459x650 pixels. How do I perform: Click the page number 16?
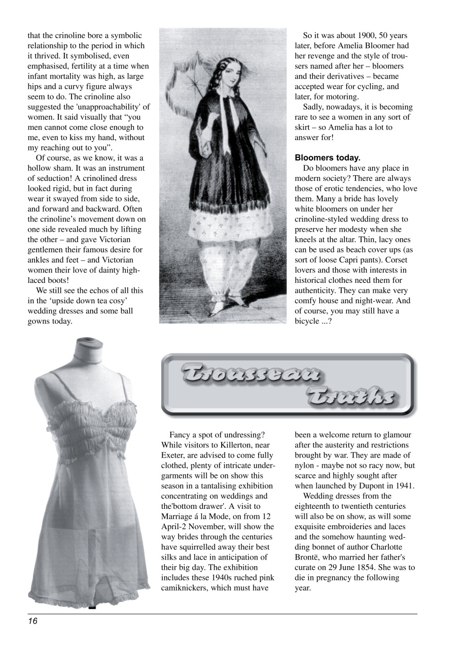[x=33, y=621]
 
